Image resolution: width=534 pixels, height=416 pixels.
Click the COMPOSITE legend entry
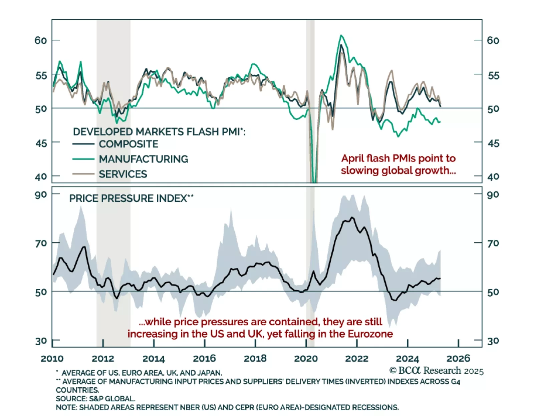coord(128,144)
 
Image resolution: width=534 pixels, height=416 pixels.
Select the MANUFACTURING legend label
coord(144,159)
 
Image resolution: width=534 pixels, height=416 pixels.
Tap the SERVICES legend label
coord(123,174)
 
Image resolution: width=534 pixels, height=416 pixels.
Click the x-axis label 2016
coord(204,359)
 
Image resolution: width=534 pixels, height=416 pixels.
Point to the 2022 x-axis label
coord(356,359)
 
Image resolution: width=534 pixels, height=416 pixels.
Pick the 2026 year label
coord(458,359)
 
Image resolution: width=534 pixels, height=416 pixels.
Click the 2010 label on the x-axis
coord(52,359)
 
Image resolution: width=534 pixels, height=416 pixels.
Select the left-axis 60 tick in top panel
coord(41,40)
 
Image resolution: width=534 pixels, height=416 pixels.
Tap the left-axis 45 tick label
coord(41,143)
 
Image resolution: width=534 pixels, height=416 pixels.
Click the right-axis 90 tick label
coord(493,195)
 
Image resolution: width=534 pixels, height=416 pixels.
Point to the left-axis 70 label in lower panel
coord(41,244)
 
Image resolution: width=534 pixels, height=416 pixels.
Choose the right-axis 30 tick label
coord(493,341)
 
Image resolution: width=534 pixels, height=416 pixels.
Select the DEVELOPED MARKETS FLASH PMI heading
coord(159,132)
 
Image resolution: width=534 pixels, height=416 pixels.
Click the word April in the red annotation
coord(352,158)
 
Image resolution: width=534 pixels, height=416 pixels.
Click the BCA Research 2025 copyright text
coord(436,371)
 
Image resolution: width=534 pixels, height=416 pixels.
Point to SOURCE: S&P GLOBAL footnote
coord(95,399)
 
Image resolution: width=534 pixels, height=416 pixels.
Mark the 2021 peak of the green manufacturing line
coord(341,35)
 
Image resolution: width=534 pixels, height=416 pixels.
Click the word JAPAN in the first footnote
coord(210,373)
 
